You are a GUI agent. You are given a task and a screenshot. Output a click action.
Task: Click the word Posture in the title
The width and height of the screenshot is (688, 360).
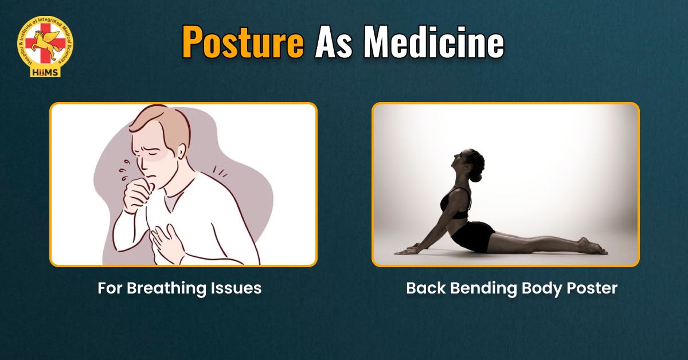point(243,42)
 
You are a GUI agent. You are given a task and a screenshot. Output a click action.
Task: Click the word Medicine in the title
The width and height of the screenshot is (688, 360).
point(434,42)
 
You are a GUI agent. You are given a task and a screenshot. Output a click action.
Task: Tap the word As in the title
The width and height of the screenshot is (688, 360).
point(334,42)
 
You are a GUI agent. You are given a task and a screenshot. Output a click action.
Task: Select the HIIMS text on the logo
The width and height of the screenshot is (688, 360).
point(45,72)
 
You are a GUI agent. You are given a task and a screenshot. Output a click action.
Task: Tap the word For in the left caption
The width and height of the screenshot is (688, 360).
point(110,288)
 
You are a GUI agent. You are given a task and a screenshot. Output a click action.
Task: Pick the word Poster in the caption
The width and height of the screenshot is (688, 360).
point(592,288)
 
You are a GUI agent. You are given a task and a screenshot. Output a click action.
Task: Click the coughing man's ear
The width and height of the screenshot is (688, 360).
point(181,151)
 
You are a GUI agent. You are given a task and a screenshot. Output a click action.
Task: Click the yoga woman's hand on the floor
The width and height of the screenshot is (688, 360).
point(406,251)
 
